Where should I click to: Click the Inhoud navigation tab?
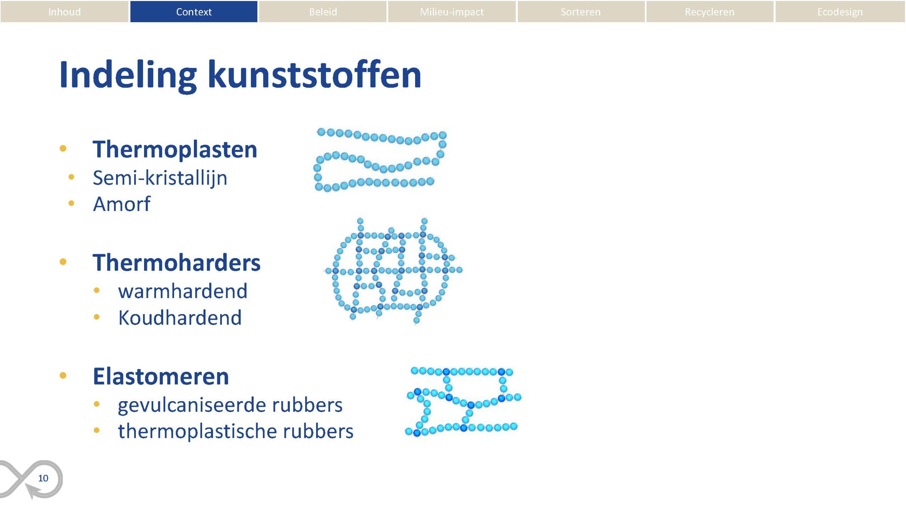[x=64, y=12]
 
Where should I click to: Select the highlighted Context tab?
[x=194, y=12]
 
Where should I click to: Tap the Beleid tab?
[x=323, y=12]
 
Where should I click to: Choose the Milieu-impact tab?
[x=452, y=12]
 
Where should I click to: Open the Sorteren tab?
[x=581, y=12]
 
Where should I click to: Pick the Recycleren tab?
[x=710, y=12]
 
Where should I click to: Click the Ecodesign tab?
[x=840, y=12]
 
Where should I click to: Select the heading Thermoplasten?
[x=175, y=149]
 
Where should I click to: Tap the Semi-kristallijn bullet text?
[x=160, y=178]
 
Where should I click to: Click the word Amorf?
[x=122, y=204]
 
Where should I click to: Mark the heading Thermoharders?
[x=177, y=263]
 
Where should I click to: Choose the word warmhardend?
[x=183, y=291]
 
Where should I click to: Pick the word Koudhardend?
[x=180, y=317]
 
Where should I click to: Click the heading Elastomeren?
[x=161, y=376]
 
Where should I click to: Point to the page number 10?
[x=43, y=478]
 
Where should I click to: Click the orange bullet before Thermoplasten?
[x=63, y=148]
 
